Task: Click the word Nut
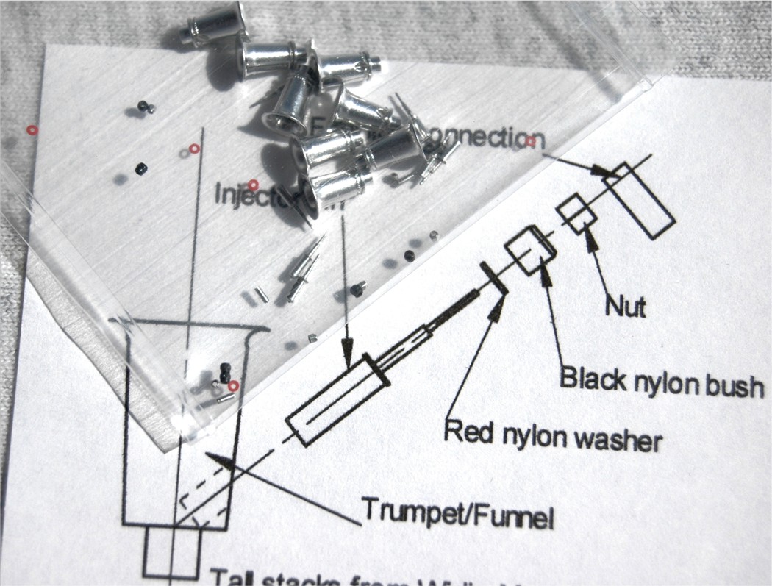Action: click(x=625, y=305)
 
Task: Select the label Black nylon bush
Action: click(x=662, y=381)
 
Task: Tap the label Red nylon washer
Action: click(x=553, y=435)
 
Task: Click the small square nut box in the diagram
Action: click(x=577, y=211)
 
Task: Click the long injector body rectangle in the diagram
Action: click(x=339, y=400)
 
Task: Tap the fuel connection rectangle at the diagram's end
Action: click(x=643, y=199)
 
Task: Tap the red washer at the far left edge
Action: click(x=32, y=130)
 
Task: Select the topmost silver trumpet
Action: click(x=217, y=26)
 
